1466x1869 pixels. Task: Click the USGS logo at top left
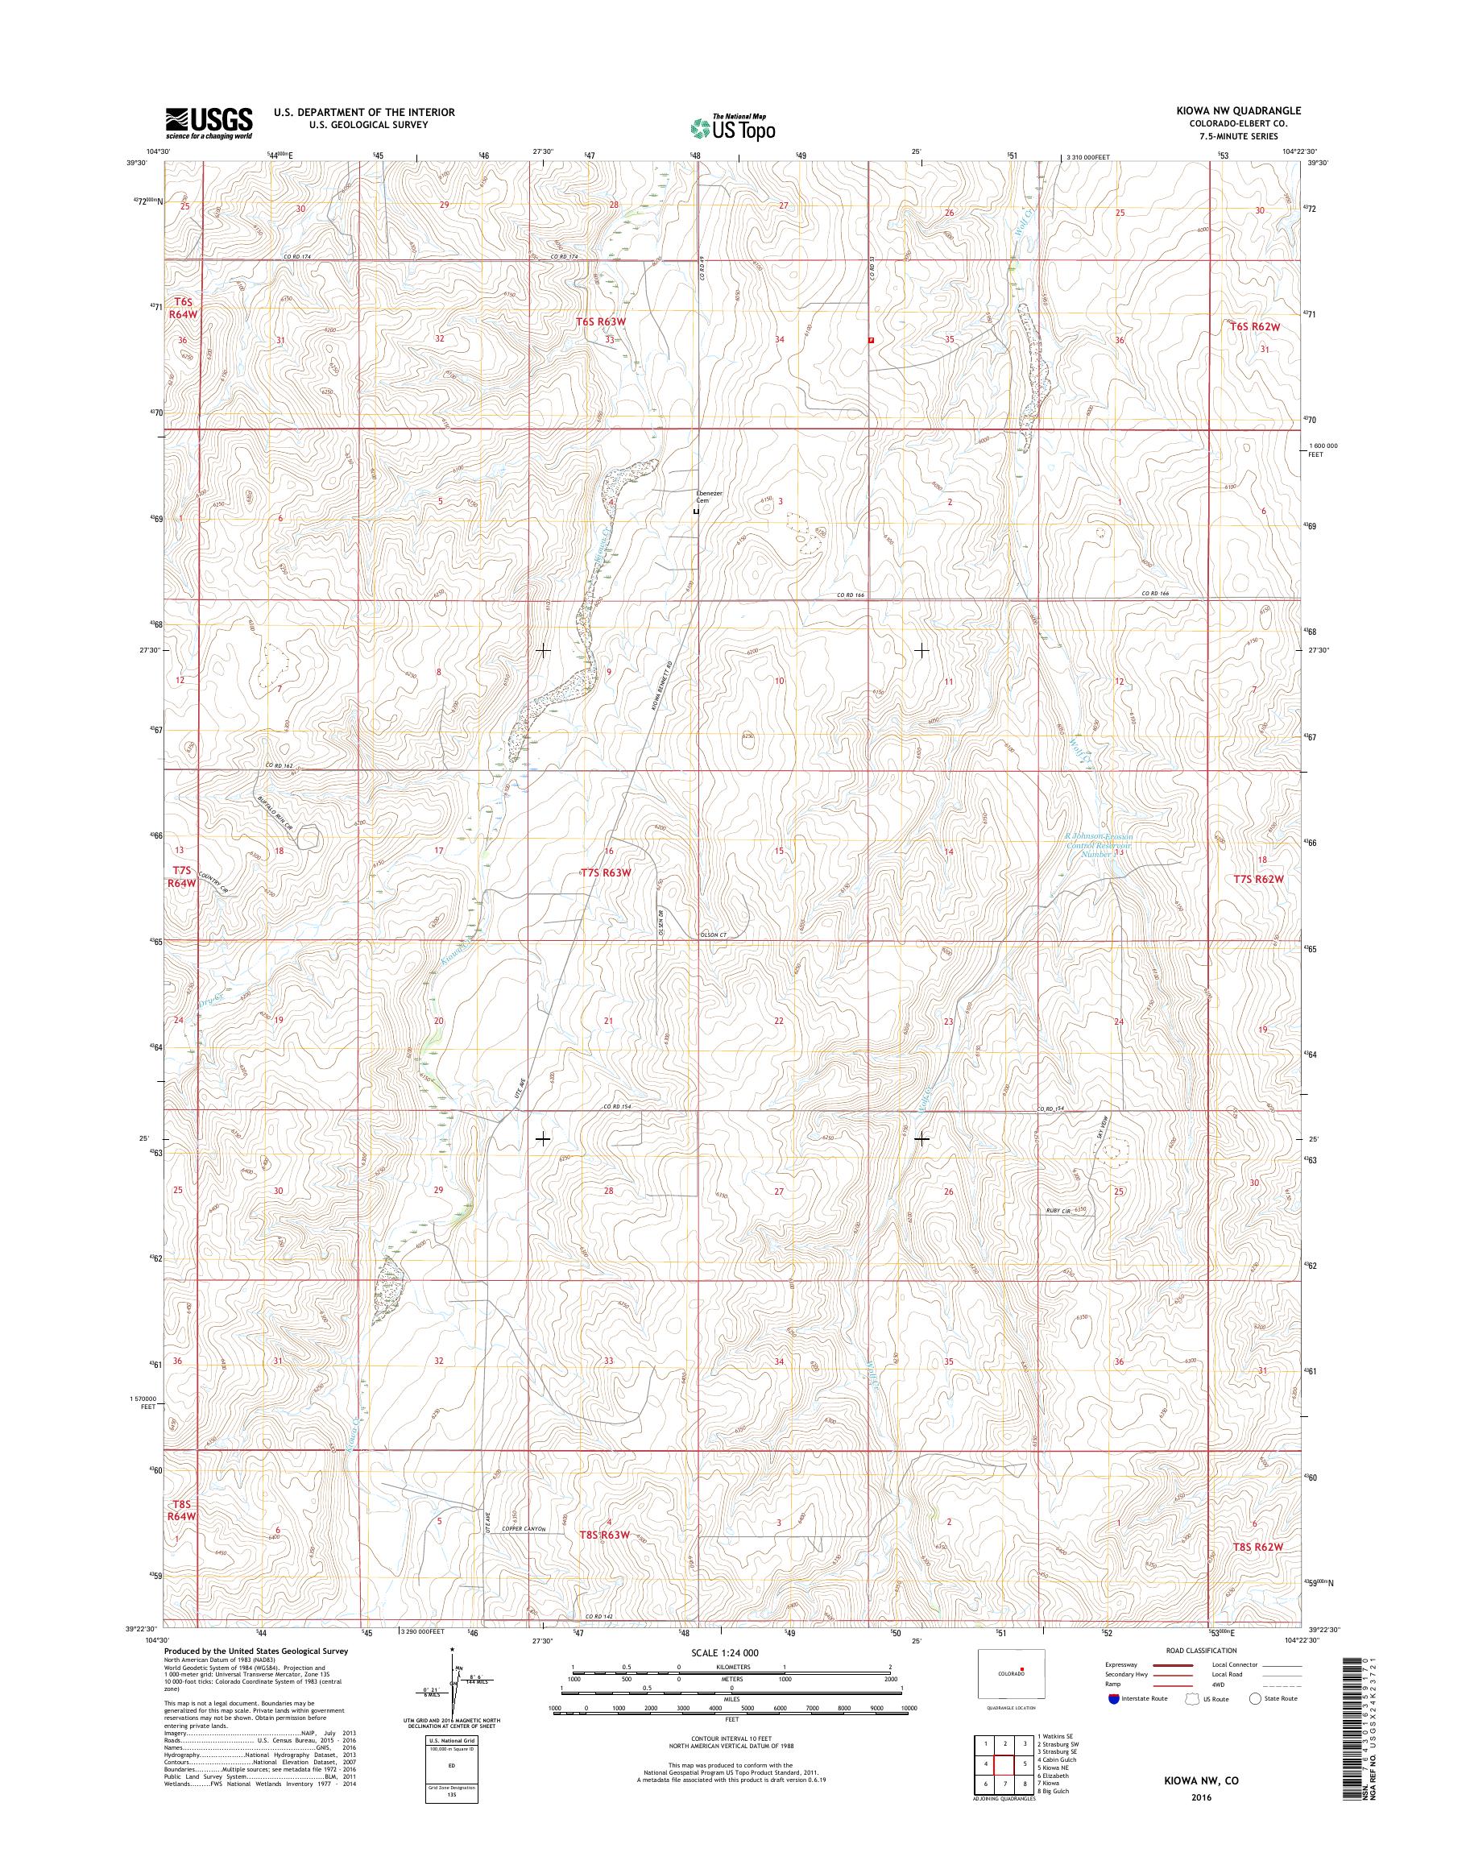tap(209, 122)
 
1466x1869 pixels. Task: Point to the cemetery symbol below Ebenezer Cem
tap(696, 512)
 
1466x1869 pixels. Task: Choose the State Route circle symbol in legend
tap(1255, 1698)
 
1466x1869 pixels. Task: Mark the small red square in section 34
tap(872, 340)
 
